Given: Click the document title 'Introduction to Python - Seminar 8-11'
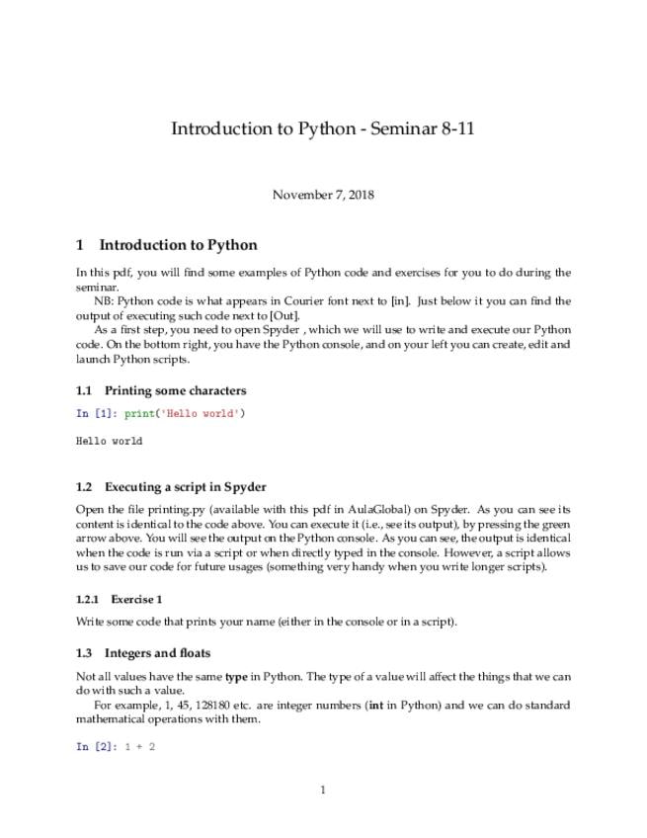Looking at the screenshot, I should click(x=323, y=128).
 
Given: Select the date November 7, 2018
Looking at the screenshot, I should click(x=323, y=195).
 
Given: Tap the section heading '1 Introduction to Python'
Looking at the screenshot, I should click(x=167, y=245).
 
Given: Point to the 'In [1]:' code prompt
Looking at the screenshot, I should click(x=96, y=413).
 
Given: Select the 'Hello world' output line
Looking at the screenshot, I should click(x=109, y=441).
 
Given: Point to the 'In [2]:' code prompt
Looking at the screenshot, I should click(x=96, y=747).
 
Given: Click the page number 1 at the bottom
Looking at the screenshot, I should click(x=323, y=790).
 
